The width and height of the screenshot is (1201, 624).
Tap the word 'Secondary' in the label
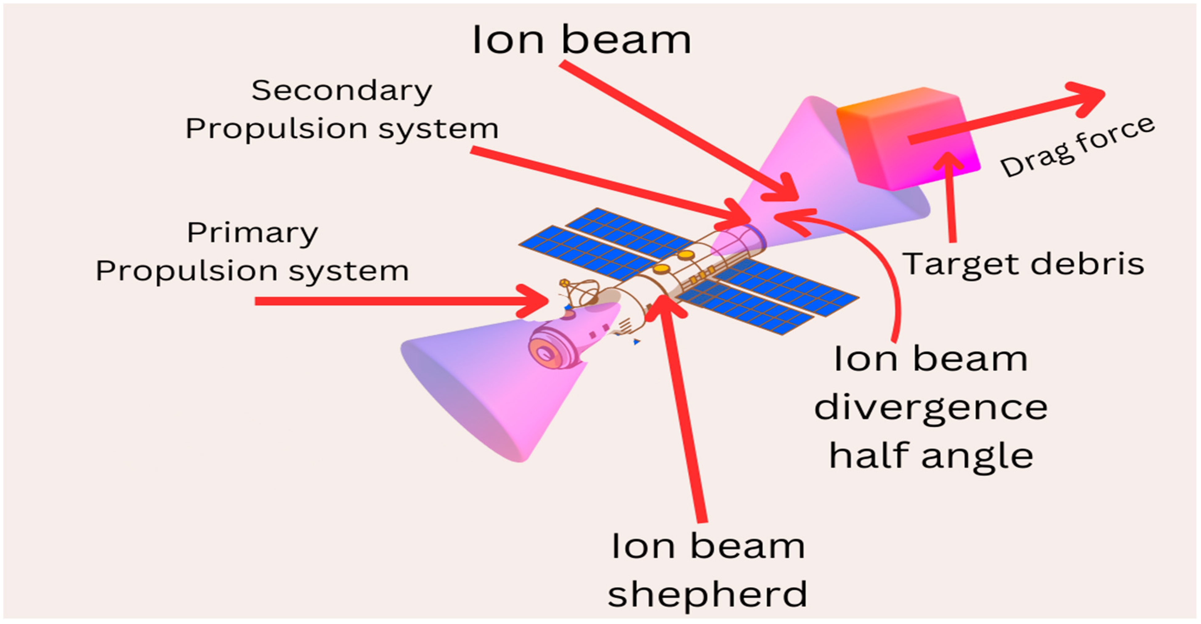pos(342,91)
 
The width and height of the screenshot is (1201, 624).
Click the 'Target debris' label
pos(1023,264)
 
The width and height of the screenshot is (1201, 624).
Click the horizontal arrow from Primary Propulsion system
pos(396,301)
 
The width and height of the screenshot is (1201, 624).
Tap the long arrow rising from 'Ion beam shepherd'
pos(685,410)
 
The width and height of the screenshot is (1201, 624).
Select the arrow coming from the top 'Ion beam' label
pos(676,131)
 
